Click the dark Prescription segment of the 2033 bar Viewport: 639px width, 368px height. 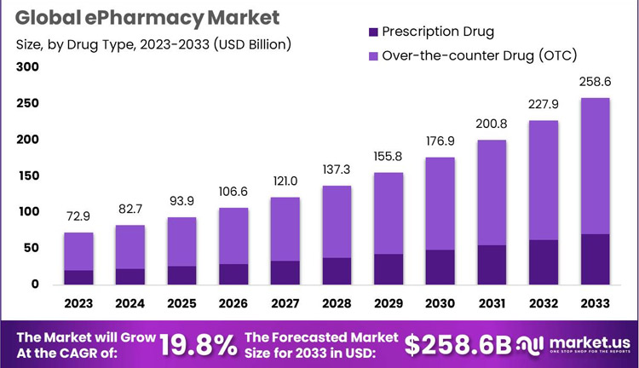pyautogui.click(x=594, y=259)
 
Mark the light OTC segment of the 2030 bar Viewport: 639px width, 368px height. pyautogui.click(x=440, y=204)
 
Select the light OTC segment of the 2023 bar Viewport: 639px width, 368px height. pyautogui.click(x=78, y=251)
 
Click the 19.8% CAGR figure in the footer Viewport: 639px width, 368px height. pyautogui.click(x=199, y=343)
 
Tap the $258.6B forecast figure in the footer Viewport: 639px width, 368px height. pyautogui.click(x=458, y=343)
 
